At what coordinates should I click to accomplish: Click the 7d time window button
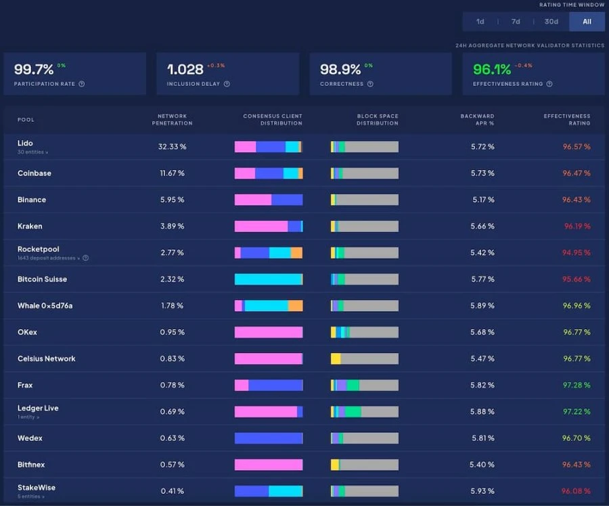[x=516, y=22]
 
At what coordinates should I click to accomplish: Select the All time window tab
[x=587, y=22]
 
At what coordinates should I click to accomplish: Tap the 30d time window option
[x=551, y=22]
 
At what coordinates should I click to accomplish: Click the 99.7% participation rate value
[x=34, y=69]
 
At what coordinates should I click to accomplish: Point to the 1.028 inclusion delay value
[x=185, y=69]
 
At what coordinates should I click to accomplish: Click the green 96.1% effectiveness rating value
[x=492, y=69]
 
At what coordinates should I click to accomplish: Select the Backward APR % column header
[x=477, y=119]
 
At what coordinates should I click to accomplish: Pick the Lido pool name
[x=25, y=143]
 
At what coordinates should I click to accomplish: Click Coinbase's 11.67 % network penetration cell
[x=172, y=173]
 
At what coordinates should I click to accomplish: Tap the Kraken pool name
[x=30, y=226]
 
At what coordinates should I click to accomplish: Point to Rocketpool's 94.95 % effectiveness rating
[x=577, y=253]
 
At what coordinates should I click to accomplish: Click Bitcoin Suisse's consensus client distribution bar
[x=269, y=279]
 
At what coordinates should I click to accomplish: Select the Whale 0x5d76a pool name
[x=45, y=305]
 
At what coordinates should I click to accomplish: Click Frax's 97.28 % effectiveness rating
[x=577, y=385]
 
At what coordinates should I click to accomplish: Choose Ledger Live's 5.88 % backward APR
[x=482, y=411]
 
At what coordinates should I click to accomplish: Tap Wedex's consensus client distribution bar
[x=269, y=438]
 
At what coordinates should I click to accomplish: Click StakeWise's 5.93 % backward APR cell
[x=482, y=491]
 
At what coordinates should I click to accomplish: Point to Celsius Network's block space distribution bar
[x=365, y=358]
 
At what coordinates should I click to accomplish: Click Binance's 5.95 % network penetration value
[x=172, y=200]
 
